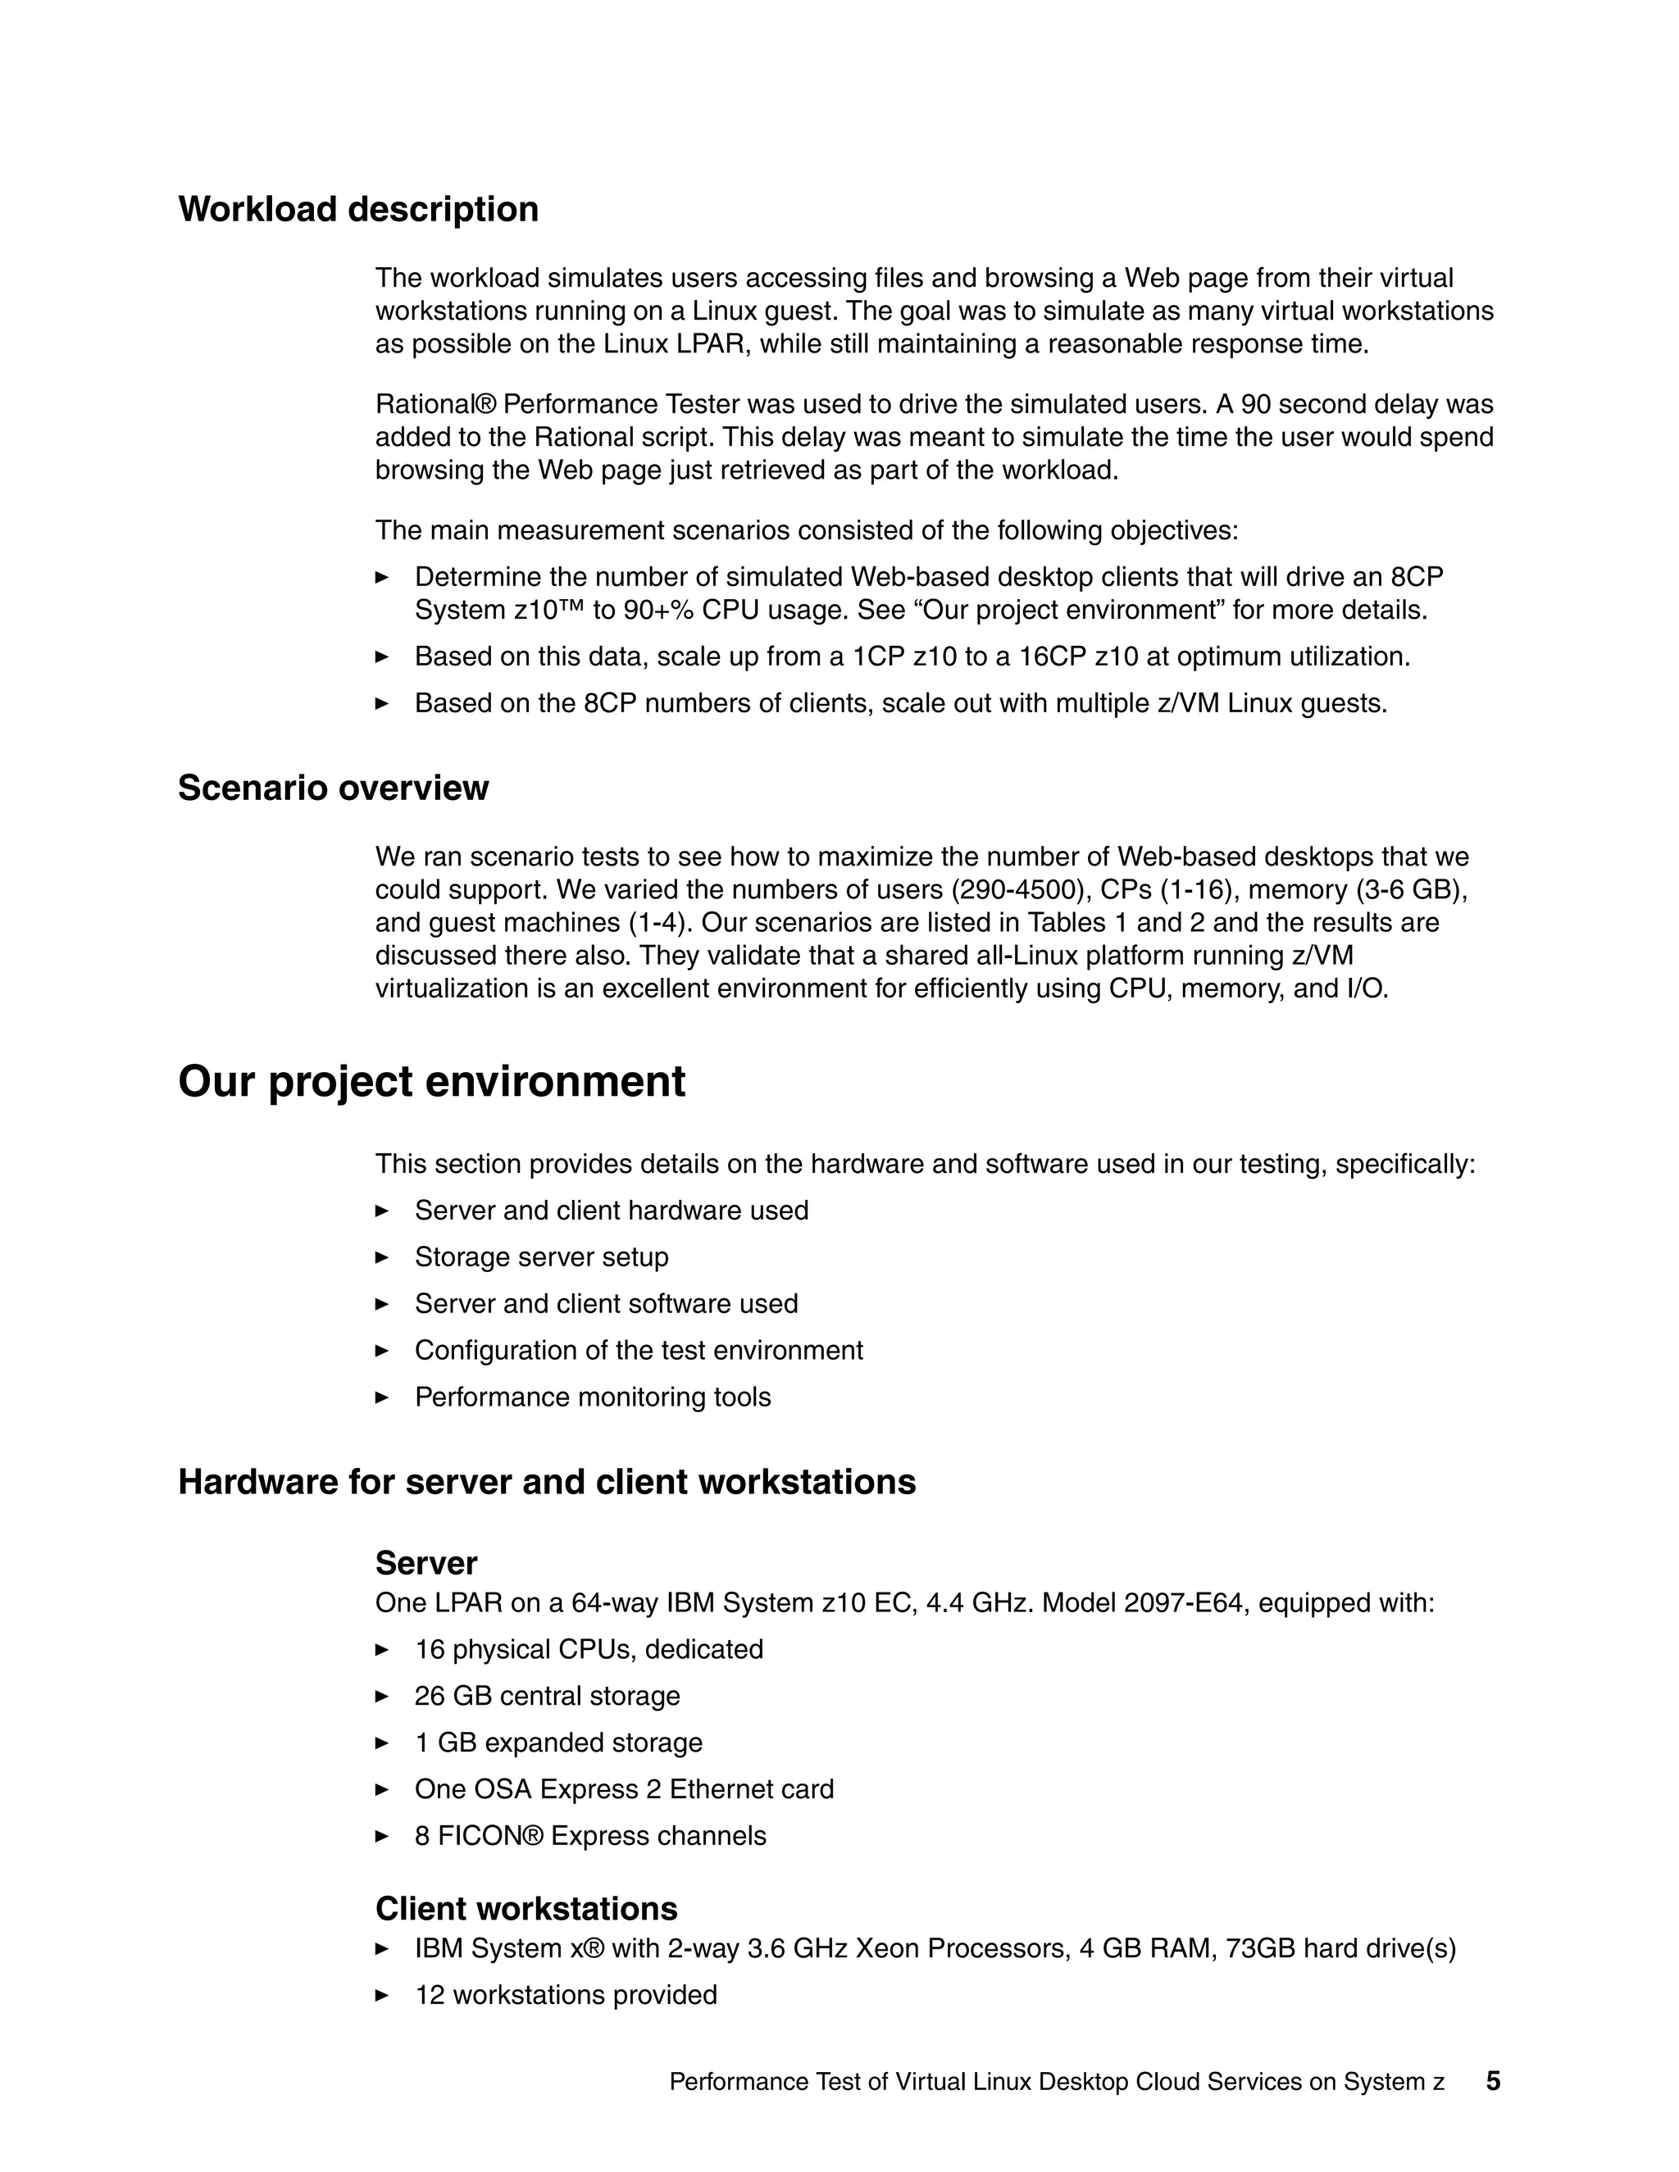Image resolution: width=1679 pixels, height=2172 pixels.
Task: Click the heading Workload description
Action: [x=358, y=210]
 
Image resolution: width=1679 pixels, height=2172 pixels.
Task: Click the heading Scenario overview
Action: [x=333, y=788]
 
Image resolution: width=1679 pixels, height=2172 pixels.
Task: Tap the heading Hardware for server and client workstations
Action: [x=546, y=1482]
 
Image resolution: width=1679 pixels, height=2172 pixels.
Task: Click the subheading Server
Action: [x=425, y=1563]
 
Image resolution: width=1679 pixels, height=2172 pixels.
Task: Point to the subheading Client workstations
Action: [x=526, y=1908]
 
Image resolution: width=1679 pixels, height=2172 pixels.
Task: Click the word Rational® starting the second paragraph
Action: [x=435, y=405]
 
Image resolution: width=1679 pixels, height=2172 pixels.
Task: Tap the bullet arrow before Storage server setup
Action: [x=382, y=1257]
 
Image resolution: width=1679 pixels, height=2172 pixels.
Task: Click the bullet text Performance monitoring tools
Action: [x=592, y=1397]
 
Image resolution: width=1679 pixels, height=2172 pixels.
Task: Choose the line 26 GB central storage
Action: [x=547, y=1696]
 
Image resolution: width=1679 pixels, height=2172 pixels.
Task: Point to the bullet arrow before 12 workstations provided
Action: [x=382, y=1995]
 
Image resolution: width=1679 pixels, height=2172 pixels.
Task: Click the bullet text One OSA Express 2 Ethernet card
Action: [x=624, y=1789]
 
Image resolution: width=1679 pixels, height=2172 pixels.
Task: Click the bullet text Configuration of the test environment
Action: [x=639, y=1351]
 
